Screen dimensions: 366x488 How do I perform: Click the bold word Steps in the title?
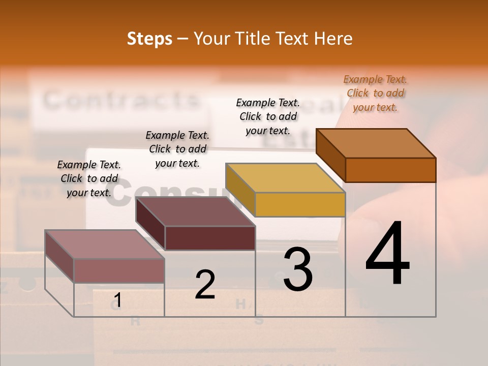pos(149,39)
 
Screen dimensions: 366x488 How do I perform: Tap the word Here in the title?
pos(333,39)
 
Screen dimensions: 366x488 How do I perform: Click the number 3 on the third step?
pos(298,269)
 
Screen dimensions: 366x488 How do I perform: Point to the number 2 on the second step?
pos(205,285)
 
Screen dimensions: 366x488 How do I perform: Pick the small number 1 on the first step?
pos(117,300)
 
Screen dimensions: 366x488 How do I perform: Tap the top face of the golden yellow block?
pos(285,178)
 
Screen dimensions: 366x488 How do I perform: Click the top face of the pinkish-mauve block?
pos(105,245)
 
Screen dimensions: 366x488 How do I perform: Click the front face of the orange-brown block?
pos(390,170)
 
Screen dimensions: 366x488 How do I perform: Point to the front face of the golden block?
pos(300,205)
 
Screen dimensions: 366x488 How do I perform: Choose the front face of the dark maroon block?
pos(210,238)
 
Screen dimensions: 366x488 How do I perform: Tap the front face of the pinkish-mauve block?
pos(119,270)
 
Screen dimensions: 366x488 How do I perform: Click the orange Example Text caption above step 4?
pos(375,93)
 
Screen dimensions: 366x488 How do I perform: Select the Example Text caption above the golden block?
pos(268,116)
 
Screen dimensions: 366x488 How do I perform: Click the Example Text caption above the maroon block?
pos(177,149)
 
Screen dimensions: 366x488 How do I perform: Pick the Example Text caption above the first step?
pos(89,178)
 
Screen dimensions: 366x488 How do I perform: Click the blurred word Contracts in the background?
pos(121,100)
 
